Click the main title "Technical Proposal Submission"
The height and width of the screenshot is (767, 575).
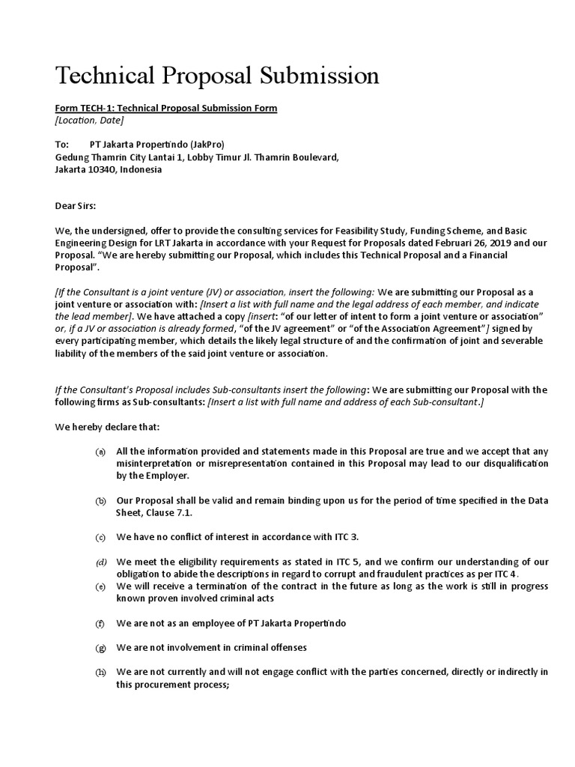[x=218, y=76]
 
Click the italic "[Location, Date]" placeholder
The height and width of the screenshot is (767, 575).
[x=90, y=120]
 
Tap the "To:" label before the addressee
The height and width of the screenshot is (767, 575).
[x=63, y=145]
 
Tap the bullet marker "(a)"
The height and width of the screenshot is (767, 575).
[x=100, y=452]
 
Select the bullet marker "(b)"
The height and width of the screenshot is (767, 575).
[x=100, y=501]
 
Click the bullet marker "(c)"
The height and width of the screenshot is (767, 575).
[x=100, y=538]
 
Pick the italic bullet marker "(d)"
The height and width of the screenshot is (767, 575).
[x=100, y=563]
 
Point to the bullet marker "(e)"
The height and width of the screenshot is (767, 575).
[x=100, y=586]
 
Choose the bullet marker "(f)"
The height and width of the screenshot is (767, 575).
[x=100, y=623]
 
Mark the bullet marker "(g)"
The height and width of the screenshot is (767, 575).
[x=100, y=648]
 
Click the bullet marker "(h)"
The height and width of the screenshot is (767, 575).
[x=100, y=673]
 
